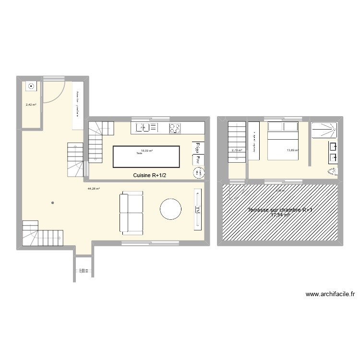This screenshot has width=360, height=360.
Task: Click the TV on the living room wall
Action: click(x=198, y=209)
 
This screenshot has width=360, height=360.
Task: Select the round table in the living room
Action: click(x=170, y=209)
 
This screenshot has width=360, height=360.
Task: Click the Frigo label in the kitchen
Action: click(x=197, y=147)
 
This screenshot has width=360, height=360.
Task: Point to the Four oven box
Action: click(x=197, y=159)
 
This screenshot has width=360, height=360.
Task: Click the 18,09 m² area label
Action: click(x=147, y=150)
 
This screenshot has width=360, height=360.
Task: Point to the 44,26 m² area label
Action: click(x=94, y=189)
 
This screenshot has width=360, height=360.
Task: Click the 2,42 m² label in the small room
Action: click(x=31, y=104)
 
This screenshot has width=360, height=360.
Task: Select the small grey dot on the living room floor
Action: click(x=52, y=203)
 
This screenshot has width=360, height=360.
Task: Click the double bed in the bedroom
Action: click(x=282, y=140)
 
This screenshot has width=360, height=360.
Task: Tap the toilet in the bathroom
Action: click(x=334, y=171)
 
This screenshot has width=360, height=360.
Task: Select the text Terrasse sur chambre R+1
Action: click(x=280, y=210)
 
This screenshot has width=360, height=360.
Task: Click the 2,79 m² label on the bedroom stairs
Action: click(x=237, y=150)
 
